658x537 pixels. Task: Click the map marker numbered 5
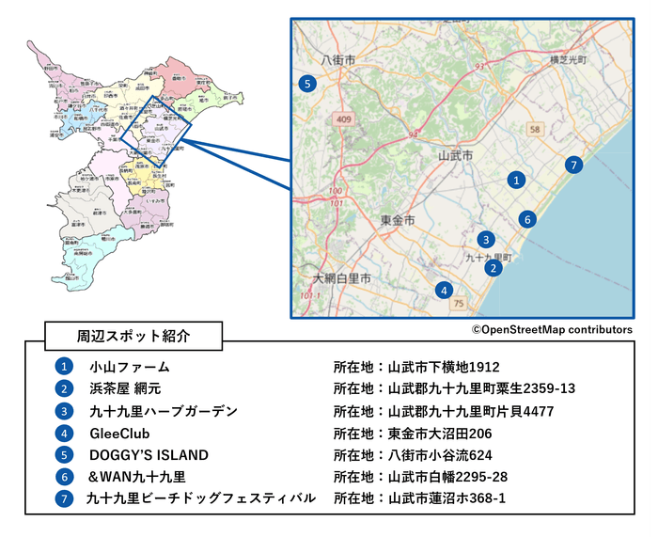306,84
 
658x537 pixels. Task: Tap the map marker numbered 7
574,165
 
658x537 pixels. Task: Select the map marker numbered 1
514,179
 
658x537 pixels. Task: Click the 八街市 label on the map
337,59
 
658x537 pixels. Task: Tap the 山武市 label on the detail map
456,153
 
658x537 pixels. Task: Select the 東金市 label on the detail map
397,219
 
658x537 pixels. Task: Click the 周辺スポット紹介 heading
133,335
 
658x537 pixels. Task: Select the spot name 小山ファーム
129,367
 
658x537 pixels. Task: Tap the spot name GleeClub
119,434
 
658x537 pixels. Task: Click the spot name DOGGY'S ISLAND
149,455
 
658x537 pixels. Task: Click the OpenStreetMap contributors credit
552,330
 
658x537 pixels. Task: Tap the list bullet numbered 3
63,411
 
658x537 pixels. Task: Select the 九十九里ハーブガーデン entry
163,411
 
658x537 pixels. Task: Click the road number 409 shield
343,119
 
